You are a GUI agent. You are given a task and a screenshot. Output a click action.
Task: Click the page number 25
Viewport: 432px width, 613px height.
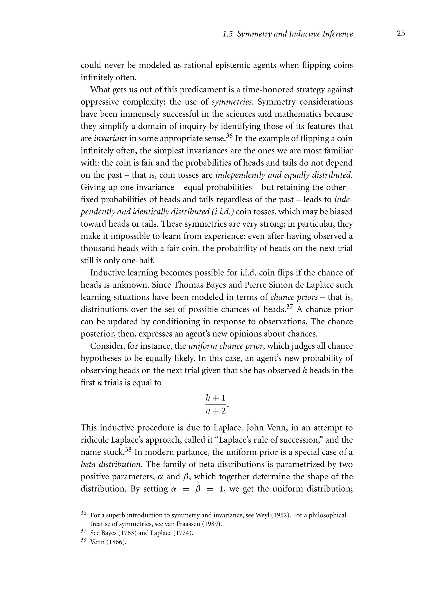point(401,34)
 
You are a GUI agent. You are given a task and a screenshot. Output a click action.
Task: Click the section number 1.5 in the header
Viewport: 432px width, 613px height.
point(228,34)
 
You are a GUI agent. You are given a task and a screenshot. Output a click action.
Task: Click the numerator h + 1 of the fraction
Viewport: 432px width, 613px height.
point(215,398)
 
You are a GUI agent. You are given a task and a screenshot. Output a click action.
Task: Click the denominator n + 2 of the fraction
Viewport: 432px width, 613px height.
point(215,411)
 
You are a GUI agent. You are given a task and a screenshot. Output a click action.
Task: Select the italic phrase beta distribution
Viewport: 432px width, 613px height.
point(111,464)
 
